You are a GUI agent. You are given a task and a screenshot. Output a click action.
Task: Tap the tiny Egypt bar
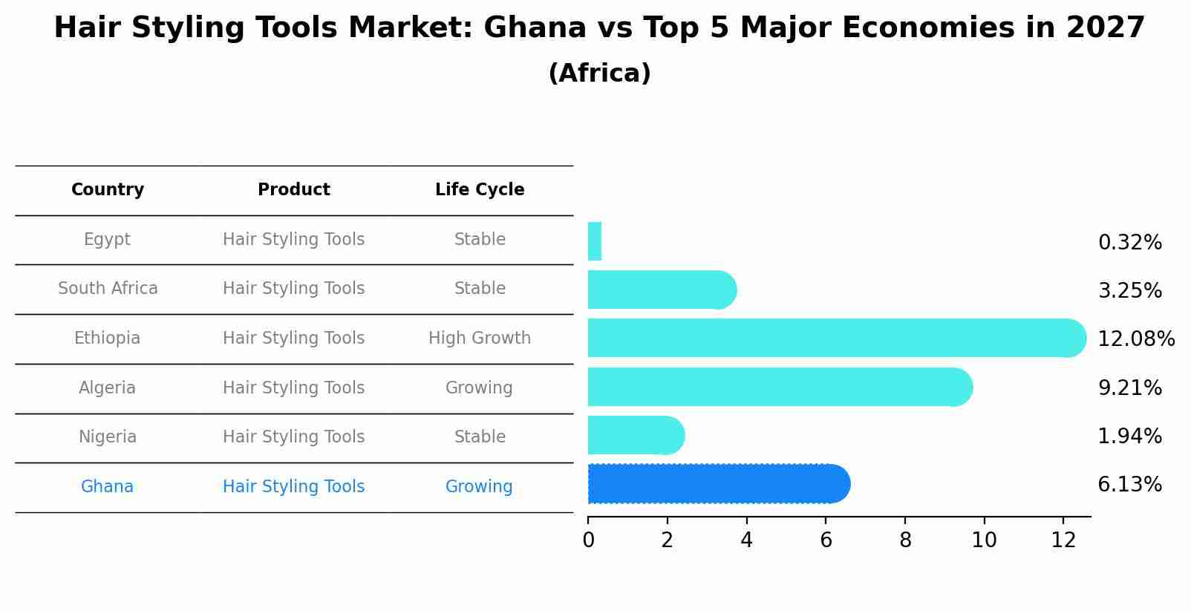[x=594, y=241]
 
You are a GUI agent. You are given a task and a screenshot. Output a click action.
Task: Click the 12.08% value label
[x=1136, y=339]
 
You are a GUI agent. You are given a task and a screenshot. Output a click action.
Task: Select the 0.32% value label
[x=1129, y=243]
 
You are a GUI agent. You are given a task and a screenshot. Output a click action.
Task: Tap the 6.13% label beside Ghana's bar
[x=1129, y=485]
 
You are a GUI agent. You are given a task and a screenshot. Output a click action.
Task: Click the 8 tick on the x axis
[x=905, y=540]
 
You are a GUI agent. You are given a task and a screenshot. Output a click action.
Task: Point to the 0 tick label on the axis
[x=588, y=540]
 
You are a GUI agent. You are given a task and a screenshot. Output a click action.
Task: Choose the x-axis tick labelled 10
[x=984, y=540]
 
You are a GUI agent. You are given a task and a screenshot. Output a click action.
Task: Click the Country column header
[x=108, y=190]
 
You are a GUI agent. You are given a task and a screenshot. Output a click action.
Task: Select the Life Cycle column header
[x=480, y=190]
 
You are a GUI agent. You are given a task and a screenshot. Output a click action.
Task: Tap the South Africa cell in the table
[x=108, y=289]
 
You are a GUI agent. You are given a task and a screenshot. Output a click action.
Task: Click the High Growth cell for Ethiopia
[x=480, y=339]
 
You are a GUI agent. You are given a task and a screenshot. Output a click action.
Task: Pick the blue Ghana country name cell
[x=107, y=487]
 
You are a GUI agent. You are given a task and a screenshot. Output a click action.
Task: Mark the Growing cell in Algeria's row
[x=479, y=388]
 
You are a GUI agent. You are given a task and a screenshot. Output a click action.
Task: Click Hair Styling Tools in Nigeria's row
[x=293, y=437]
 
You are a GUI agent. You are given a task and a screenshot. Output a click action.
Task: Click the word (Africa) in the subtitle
[x=599, y=73]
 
